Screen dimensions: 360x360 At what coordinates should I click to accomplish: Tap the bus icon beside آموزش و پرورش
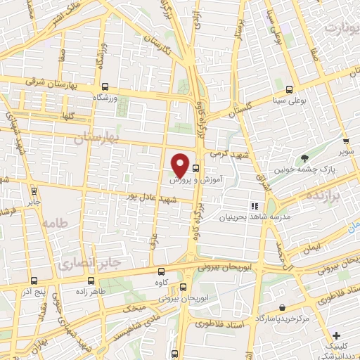click(195, 169)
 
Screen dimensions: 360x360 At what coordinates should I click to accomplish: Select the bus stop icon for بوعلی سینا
click(290, 89)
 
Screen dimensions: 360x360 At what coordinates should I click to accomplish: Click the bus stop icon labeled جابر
click(34, 190)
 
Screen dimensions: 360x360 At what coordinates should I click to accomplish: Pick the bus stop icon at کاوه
click(162, 271)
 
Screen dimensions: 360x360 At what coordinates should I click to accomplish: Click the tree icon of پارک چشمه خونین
click(304, 158)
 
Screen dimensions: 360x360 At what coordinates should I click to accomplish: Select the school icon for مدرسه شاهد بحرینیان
click(255, 206)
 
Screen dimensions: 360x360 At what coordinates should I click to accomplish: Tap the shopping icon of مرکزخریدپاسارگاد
click(282, 308)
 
